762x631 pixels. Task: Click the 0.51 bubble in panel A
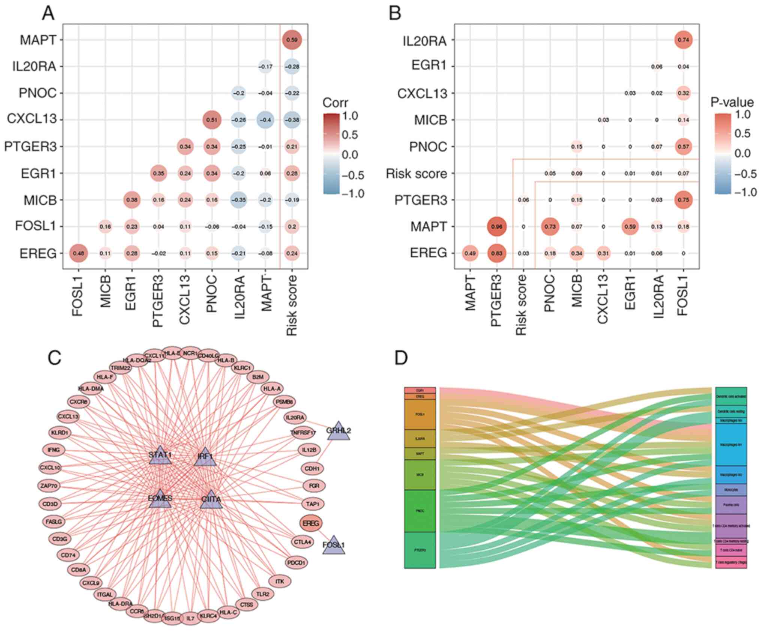click(212, 120)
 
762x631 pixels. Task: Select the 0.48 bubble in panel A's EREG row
click(78, 253)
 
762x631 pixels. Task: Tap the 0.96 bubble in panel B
click(496, 227)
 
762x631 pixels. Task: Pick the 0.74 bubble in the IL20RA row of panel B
click(683, 40)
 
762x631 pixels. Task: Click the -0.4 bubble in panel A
click(265, 120)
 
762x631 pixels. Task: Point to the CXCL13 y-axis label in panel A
click(32, 119)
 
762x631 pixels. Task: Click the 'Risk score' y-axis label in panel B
click(416, 174)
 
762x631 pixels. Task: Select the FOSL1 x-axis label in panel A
click(77, 295)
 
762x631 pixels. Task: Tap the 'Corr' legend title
click(335, 103)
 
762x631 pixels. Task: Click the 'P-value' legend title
click(732, 102)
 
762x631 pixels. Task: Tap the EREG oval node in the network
click(311, 524)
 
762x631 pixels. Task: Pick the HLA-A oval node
click(272, 389)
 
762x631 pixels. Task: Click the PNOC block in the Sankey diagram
click(420, 511)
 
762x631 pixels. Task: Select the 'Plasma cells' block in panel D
click(731, 505)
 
